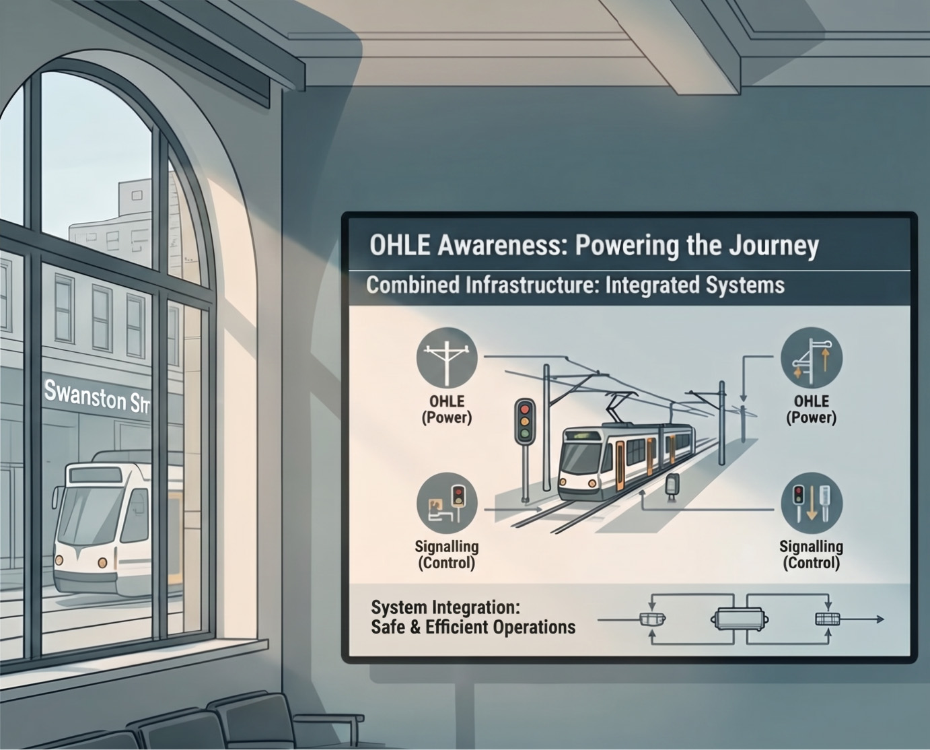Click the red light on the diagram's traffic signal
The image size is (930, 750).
pyautogui.click(x=525, y=409)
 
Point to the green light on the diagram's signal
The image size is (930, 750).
pyautogui.click(x=525, y=434)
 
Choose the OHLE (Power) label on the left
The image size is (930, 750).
pyautogui.click(x=447, y=409)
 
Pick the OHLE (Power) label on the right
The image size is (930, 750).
pyautogui.click(x=811, y=409)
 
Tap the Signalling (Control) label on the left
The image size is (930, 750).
pyautogui.click(x=447, y=555)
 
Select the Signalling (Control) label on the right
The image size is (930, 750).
pyautogui.click(x=811, y=555)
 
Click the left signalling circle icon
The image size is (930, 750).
pyautogui.click(x=447, y=503)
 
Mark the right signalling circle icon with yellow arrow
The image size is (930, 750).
pyautogui.click(x=811, y=503)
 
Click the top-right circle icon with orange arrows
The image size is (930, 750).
pyautogui.click(x=811, y=357)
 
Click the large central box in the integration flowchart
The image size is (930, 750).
pyautogui.click(x=739, y=619)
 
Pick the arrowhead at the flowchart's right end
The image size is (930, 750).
pyautogui.click(x=880, y=619)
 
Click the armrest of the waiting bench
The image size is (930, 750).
pyautogui.click(x=329, y=718)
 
